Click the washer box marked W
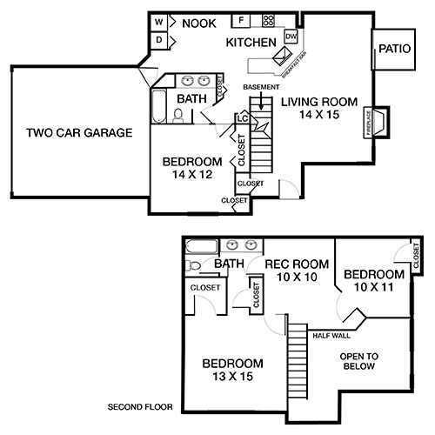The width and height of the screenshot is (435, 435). pos(160,22)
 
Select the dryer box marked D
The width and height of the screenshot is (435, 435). pos(160,39)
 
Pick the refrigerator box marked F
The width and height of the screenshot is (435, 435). pos(242,20)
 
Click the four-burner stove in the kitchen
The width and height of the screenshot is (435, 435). pos(268,20)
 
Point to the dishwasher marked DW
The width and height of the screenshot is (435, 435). pos(291,37)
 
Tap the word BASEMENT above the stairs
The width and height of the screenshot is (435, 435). pos(261,87)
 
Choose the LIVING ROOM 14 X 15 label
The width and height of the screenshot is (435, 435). pos(318,108)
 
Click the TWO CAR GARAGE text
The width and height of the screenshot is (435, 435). pos(78,133)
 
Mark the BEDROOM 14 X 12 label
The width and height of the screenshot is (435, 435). pos(191,168)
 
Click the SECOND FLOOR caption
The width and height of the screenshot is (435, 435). pos(139,407)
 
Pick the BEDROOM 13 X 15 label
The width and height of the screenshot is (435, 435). pos(232,369)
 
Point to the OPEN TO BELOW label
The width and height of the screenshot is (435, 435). pos(358,361)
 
